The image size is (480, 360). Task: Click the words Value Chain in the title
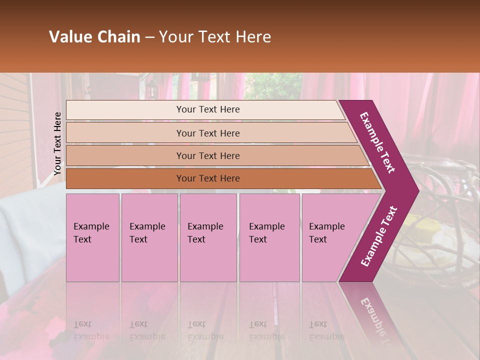pyautogui.click(x=94, y=37)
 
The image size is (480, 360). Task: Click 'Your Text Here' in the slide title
pyautogui.click(x=215, y=37)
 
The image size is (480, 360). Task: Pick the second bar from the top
pyautogui.click(x=208, y=133)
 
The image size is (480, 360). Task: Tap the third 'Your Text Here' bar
pyautogui.click(x=208, y=155)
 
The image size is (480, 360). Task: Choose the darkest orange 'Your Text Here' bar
pyautogui.click(x=208, y=178)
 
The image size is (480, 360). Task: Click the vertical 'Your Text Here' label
pyautogui.click(x=57, y=143)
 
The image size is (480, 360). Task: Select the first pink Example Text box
pyautogui.click(x=92, y=237)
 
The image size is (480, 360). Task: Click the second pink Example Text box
pyautogui.click(x=149, y=237)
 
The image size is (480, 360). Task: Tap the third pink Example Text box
pyautogui.click(x=208, y=237)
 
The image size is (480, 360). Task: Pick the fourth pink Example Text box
pyautogui.click(x=269, y=237)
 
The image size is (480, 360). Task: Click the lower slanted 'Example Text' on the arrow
pyautogui.click(x=379, y=236)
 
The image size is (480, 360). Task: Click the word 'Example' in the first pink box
pyautogui.click(x=91, y=226)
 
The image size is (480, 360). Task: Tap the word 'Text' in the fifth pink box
pyautogui.click(x=317, y=239)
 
